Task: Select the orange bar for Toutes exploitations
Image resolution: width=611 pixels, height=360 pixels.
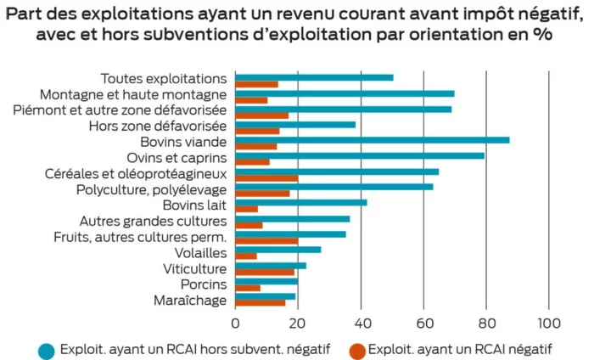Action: click(x=256, y=84)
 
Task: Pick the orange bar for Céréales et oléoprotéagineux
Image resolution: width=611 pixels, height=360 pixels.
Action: click(x=266, y=178)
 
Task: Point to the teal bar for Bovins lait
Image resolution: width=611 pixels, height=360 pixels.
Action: click(x=300, y=202)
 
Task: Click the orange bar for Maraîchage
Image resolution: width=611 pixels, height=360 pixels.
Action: click(x=260, y=303)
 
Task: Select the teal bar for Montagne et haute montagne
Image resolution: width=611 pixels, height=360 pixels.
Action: click(x=345, y=93)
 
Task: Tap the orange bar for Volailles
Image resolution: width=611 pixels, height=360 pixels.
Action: click(x=245, y=256)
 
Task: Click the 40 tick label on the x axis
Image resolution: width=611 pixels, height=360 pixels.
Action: click(x=360, y=323)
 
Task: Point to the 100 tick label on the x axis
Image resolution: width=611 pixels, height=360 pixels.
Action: click(x=549, y=323)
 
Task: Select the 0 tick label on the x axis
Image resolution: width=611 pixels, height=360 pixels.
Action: click(x=235, y=323)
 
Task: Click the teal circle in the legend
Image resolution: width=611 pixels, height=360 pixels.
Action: click(x=48, y=349)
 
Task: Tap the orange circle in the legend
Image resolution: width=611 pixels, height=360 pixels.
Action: click(x=356, y=349)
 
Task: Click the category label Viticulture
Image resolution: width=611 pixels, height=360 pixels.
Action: click(x=194, y=269)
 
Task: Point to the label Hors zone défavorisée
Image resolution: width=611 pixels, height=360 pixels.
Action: click(x=157, y=126)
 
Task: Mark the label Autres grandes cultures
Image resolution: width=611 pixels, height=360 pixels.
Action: click(x=153, y=221)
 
